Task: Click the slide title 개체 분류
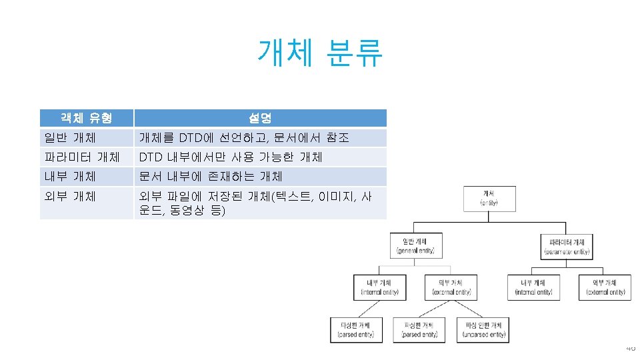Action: pyautogui.click(x=320, y=53)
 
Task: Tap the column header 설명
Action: pyautogui.click(x=260, y=118)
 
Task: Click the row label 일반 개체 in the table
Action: pyautogui.click(x=69, y=138)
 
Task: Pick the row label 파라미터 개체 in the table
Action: pyautogui.click(x=81, y=157)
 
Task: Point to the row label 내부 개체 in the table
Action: pyautogui.click(x=69, y=177)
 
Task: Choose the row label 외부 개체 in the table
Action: pyautogui.click(x=69, y=196)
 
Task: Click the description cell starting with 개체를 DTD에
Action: pyautogui.click(x=243, y=138)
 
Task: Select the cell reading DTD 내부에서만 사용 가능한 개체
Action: pyautogui.click(x=230, y=157)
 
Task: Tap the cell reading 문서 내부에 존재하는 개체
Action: pyautogui.click(x=210, y=177)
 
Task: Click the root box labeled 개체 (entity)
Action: pyautogui.click(x=489, y=199)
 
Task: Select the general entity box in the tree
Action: pyautogui.click(x=415, y=245)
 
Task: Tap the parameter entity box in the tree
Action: pyautogui.click(x=567, y=245)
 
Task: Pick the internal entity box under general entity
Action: pyautogui.click(x=379, y=287)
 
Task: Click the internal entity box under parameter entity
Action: pyautogui.click(x=533, y=287)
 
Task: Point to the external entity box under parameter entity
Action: pyautogui.click(x=605, y=287)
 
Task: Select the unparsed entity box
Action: pyautogui.click(x=484, y=329)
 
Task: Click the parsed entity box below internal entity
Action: pyautogui.click(x=356, y=329)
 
